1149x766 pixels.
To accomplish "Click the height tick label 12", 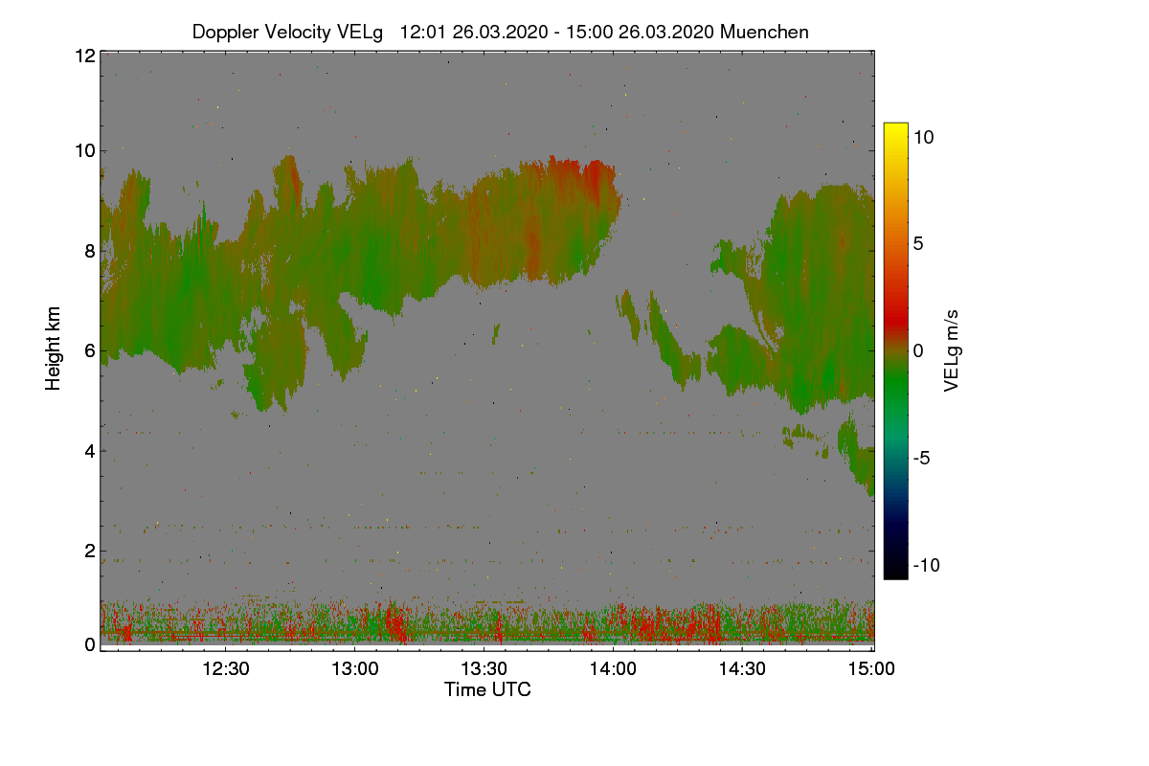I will click(84, 56).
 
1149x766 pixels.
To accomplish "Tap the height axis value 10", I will click(84, 150).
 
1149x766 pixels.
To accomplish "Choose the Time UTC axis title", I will click(487, 689).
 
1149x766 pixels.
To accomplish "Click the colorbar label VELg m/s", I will click(951, 350).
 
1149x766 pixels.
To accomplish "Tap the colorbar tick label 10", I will click(923, 137).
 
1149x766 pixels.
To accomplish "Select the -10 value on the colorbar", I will click(926, 566).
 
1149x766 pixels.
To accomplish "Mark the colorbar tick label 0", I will click(918, 351).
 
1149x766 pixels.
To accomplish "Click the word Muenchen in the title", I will click(764, 32).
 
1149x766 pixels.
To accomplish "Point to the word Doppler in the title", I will click(226, 32).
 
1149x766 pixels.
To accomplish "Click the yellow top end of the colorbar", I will click(895, 127).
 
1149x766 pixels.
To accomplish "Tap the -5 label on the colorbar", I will click(922, 459).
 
